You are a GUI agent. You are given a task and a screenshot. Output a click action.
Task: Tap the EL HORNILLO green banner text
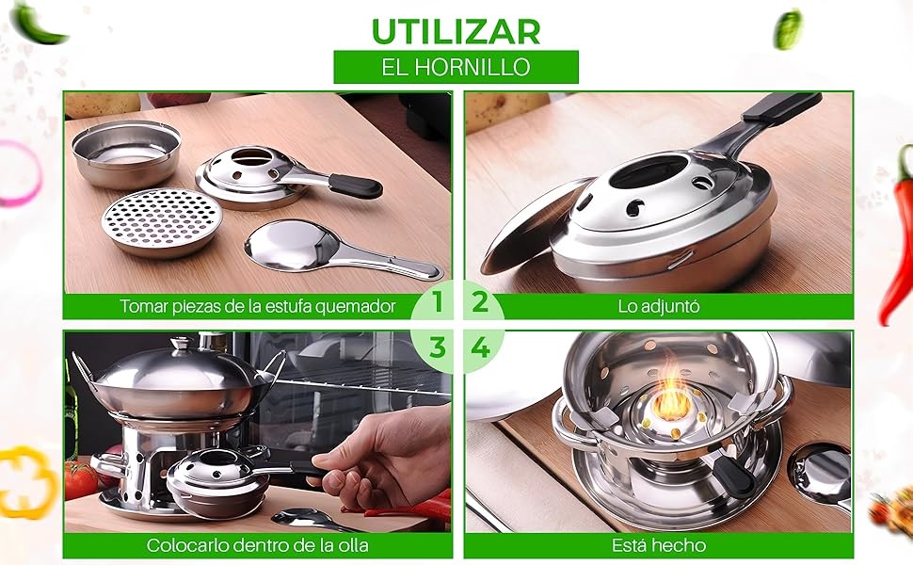pos(456,67)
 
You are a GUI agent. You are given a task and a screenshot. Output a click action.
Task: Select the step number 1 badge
pos(438,301)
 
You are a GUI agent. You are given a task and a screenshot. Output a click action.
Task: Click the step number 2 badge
pos(480,301)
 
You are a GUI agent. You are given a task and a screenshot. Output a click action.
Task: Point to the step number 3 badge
pos(438,348)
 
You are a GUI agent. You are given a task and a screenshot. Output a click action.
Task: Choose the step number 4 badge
pos(480,348)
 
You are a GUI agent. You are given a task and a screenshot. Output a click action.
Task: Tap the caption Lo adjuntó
pos(659,306)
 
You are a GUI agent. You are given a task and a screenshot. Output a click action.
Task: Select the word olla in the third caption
pos(350,546)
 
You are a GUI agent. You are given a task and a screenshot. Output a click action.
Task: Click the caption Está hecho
pos(659,546)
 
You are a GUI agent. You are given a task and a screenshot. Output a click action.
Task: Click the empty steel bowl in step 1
pos(126,153)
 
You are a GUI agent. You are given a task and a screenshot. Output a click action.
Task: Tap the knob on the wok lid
pos(180,345)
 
